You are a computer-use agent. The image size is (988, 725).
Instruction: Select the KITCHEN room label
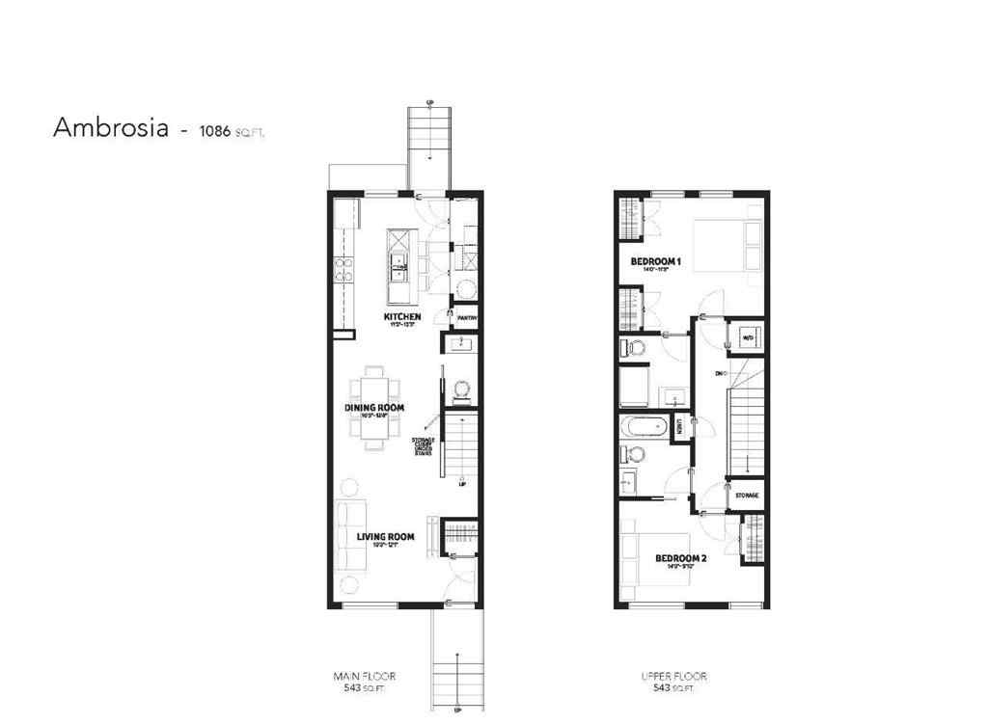coord(402,317)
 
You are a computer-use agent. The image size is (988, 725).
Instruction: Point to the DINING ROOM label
coord(373,408)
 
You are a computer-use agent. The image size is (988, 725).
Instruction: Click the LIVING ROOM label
coord(385,537)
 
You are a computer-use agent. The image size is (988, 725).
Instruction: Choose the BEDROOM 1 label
coord(656,262)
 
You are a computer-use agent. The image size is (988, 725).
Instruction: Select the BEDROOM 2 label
coord(681,558)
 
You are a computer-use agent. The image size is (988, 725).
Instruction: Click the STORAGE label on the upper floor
coord(747,496)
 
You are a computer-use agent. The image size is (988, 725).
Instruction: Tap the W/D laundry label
coord(747,336)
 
